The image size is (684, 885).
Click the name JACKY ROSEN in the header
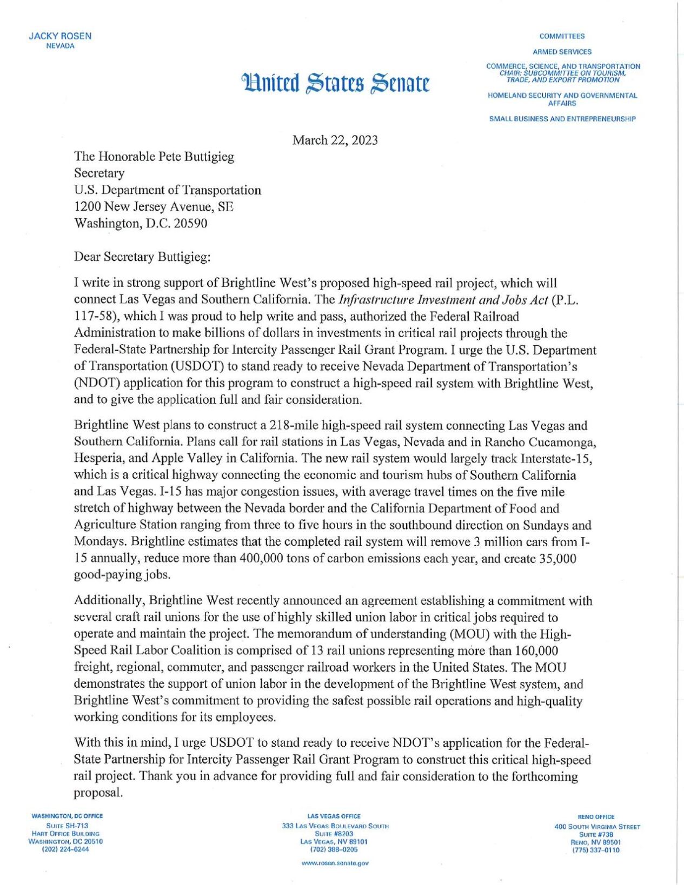tap(59, 36)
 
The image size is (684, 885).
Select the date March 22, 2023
tap(335, 140)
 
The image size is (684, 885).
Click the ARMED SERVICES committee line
tap(562, 52)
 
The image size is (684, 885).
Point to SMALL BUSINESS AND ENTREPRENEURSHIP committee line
tap(562, 119)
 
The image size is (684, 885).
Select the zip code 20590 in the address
tap(190, 223)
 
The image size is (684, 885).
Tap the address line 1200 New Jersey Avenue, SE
tap(154, 206)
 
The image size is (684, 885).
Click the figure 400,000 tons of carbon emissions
tap(261, 558)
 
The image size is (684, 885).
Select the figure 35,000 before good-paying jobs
tap(557, 558)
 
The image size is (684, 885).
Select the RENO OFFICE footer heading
tap(596, 817)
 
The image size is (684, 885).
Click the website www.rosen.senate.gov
tap(335, 863)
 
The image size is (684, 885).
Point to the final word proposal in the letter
tap(98, 793)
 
